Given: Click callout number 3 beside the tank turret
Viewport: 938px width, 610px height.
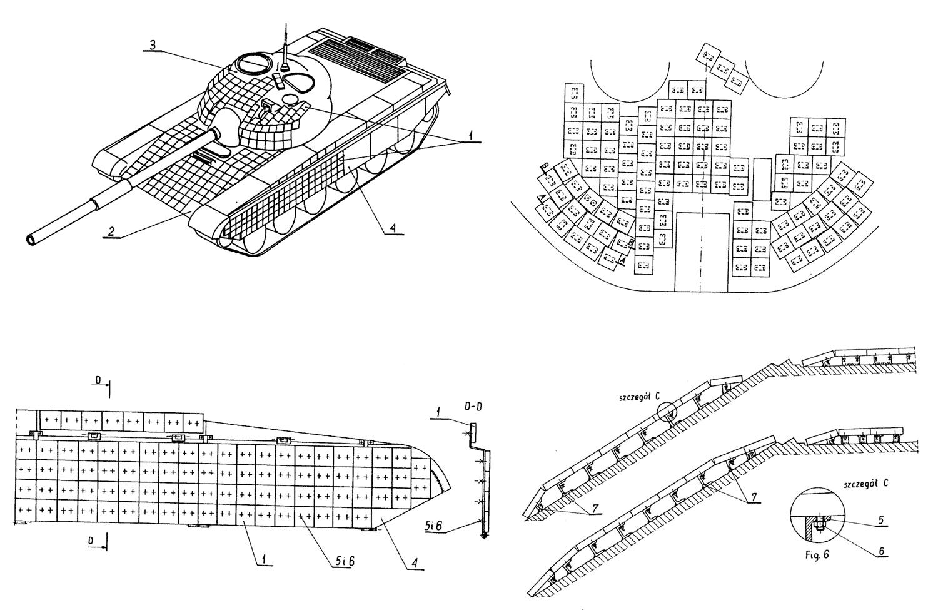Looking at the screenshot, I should tap(151, 45).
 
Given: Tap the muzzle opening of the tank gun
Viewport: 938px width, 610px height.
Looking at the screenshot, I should tap(32, 239).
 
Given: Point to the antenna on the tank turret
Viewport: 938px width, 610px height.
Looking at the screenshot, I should tap(285, 44).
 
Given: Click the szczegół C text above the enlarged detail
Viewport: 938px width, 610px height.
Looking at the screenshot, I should tap(639, 397).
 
